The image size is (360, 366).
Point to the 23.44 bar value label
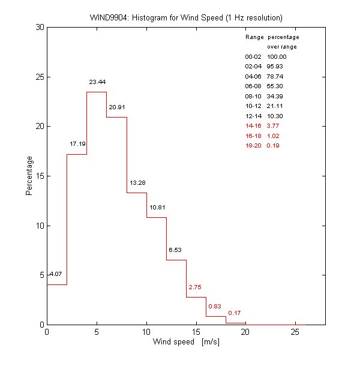click(x=97, y=82)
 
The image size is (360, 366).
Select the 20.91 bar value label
click(x=117, y=108)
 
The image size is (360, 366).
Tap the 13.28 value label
click(x=137, y=182)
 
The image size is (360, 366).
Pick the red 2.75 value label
click(x=195, y=287)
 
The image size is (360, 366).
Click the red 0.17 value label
click(x=235, y=313)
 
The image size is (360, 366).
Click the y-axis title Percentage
click(x=28, y=176)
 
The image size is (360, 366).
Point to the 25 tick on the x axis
click(x=295, y=332)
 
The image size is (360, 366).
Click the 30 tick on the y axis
click(x=38, y=28)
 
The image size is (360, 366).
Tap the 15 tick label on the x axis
click(x=196, y=332)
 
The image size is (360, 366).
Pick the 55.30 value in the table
click(x=275, y=86)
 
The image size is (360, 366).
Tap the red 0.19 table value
click(x=273, y=145)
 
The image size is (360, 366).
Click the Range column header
click(x=254, y=37)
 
